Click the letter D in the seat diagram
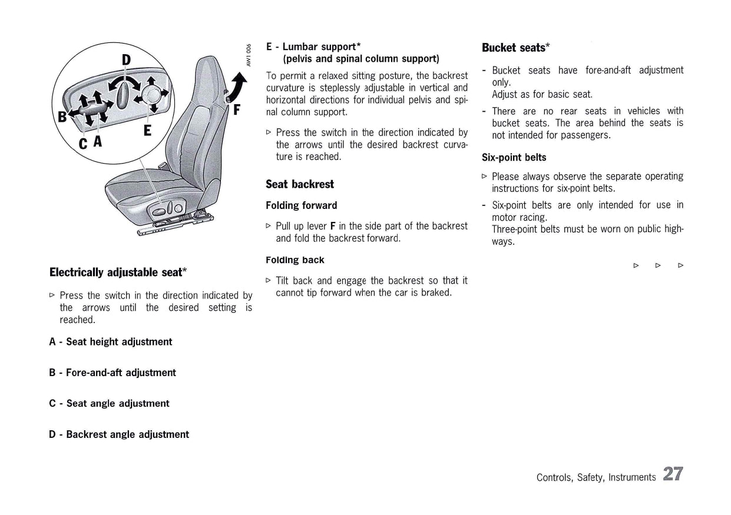pos(127,59)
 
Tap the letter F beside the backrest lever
pos(237,109)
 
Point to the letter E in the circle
pos(147,130)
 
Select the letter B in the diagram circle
pos(61,116)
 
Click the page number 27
pos(673,474)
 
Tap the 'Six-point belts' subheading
pos(514,157)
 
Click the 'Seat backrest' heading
pos(299,184)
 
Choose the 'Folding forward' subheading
pos(301,205)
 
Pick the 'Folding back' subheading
pos(295,260)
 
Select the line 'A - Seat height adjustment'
pos(111,342)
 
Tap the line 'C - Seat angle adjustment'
pos(109,403)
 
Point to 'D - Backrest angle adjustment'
pos(119,434)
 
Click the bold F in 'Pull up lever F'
pos(333,226)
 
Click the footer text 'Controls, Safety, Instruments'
pos(596,477)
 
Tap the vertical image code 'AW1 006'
pos(249,55)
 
